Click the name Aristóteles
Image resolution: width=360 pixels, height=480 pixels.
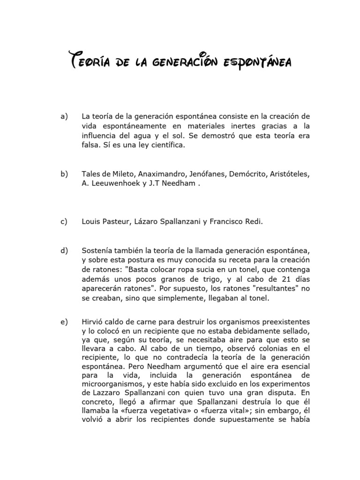(288, 174)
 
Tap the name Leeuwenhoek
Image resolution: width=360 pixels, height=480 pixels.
(112, 183)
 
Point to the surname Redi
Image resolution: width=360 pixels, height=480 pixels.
(252, 222)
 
